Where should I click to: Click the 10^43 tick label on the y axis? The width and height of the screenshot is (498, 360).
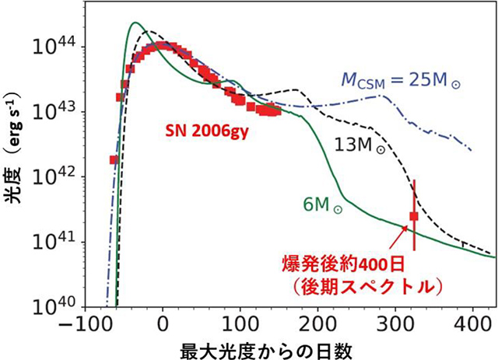pyautogui.click(x=60, y=112)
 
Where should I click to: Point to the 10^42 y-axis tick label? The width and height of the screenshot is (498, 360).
pyautogui.click(x=60, y=177)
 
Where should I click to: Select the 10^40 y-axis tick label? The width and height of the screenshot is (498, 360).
pyautogui.click(x=60, y=306)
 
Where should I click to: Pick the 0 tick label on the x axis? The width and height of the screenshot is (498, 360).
pyautogui.click(x=163, y=323)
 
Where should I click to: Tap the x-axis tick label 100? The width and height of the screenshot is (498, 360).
pyautogui.click(x=240, y=323)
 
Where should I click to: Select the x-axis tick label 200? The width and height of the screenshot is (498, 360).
pyautogui.click(x=317, y=323)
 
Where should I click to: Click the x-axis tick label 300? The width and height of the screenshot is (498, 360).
pyautogui.click(x=395, y=323)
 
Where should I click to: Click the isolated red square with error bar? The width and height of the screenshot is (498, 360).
pyautogui.click(x=414, y=216)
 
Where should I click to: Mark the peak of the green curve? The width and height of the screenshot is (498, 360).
pyautogui.click(x=135, y=23)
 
